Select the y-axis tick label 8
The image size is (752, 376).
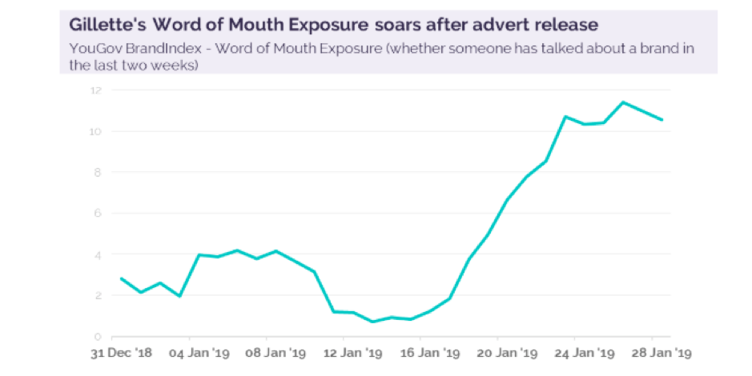coord(97,172)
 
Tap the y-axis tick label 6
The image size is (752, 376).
coord(97,214)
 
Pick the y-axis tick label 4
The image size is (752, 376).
coord(97,254)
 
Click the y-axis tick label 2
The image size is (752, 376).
coord(97,295)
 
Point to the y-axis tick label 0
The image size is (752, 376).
coord(97,336)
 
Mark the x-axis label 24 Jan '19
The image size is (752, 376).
coord(577,352)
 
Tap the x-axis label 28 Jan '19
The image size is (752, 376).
coord(654,352)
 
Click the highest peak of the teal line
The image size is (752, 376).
coord(623,102)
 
